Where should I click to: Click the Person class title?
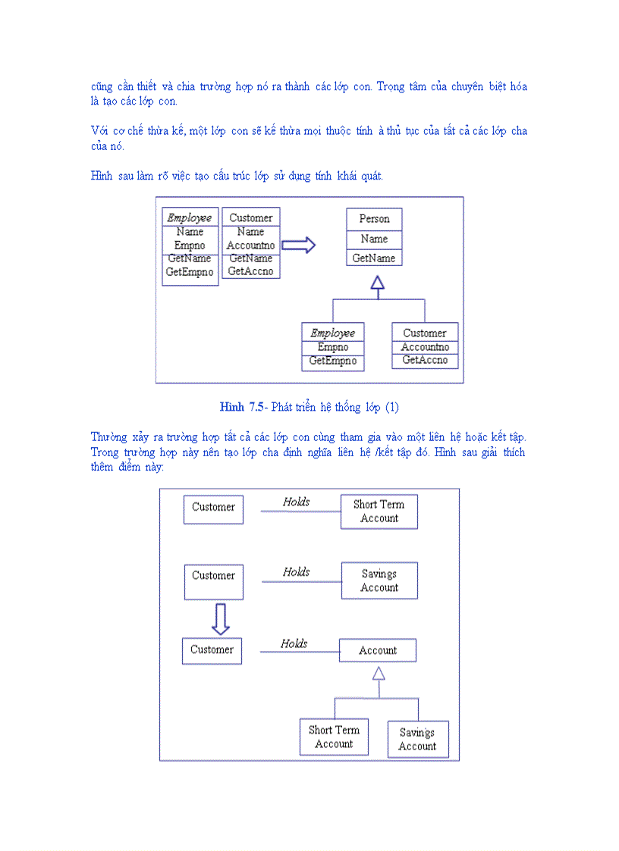374,219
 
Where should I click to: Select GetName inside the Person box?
374,258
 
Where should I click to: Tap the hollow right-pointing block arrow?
298,245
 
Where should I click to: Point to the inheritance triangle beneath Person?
377,283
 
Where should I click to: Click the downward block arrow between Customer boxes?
220,619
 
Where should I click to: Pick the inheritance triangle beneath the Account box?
379,673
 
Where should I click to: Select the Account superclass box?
378,650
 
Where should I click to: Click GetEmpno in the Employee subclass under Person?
332,361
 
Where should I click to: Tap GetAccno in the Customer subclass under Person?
425,360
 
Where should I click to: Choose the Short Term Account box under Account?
334,737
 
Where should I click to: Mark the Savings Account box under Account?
417,739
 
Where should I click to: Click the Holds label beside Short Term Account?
297,502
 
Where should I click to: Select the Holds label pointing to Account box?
294,644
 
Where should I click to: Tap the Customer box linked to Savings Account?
213,581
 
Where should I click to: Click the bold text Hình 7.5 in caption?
243,408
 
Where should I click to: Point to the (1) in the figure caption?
391,408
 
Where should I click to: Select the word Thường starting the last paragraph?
108,437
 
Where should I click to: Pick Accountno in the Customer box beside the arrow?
250,246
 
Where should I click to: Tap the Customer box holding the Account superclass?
212,650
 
